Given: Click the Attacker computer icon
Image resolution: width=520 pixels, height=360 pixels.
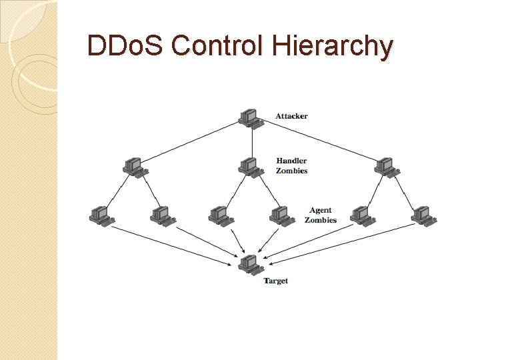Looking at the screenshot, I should point(251,117).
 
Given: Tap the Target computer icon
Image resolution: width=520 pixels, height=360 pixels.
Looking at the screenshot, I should point(250,264).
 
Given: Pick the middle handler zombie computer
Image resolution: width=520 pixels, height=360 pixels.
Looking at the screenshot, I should point(251,166).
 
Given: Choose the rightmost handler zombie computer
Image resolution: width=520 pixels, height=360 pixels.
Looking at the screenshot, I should point(386,166).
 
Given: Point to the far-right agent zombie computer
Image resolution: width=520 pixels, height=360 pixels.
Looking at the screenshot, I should point(422,215).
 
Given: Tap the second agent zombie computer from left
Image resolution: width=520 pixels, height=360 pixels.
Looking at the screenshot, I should point(161,215).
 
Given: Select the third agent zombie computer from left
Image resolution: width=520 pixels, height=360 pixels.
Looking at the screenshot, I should point(219,215).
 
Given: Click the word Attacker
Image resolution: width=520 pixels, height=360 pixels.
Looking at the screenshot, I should point(291,116).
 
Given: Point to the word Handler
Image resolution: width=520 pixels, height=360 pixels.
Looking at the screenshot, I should point(291,160).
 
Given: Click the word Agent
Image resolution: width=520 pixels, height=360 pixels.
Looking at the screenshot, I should point(321,210).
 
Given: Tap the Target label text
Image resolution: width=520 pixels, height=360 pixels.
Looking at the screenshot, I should point(275,281).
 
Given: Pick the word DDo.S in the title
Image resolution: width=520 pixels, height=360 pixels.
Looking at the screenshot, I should point(127,46).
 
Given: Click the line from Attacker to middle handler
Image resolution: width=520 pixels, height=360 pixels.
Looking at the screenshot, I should point(251,141).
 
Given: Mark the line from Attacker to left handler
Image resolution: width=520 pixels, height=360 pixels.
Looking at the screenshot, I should point(193,141).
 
